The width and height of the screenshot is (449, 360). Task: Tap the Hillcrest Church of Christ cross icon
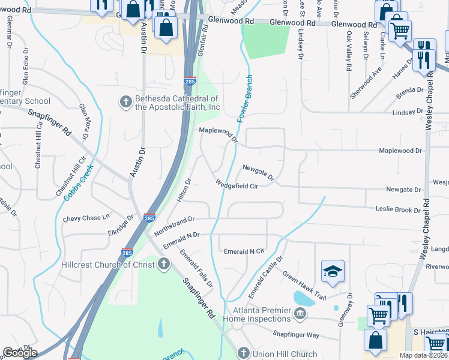coord(164,265)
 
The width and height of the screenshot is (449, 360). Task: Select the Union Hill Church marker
coord(243,353)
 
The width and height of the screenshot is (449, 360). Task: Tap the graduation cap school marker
coord(333,272)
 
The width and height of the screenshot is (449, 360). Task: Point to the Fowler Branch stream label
coord(245,99)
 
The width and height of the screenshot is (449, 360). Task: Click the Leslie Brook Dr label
coord(397,210)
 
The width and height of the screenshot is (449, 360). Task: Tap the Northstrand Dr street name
coord(175,226)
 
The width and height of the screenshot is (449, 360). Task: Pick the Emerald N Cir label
coord(244,251)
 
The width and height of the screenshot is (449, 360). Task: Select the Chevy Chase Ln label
coord(87,218)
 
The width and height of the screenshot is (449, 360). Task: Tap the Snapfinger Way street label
coord(296,335)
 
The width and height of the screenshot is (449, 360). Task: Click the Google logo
coord(20,353)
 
